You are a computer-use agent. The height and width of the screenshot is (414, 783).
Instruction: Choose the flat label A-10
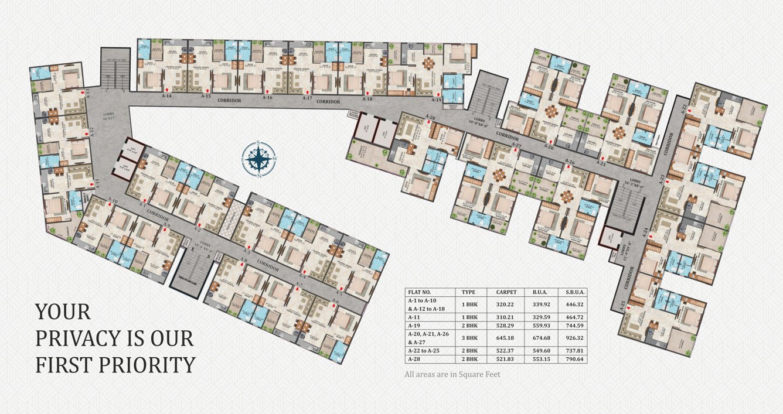tap(113, 200)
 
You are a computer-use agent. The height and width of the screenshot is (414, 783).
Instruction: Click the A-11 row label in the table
tap(415, 316)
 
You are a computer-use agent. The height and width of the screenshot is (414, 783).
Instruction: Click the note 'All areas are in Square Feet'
tap(452, 374)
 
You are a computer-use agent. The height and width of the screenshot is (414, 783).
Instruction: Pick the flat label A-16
tap(267, 98)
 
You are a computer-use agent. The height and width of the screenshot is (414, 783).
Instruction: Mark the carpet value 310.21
tap(506, 316)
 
